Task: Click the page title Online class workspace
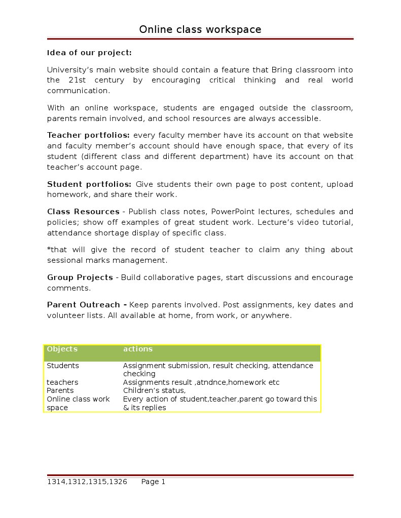pos(200,29)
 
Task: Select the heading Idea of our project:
pos(89,53)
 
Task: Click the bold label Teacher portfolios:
pos(88,135)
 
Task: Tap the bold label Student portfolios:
pos(89,184)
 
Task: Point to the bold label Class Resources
pos(83,212)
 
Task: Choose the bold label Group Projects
pos(80,277)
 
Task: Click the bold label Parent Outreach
pos(84,305)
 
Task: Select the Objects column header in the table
pos(62,349)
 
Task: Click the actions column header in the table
pos(138,349)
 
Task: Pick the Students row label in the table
pos(63,366)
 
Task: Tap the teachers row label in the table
pos(62,382)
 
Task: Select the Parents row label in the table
pos(60,390)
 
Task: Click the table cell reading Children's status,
pos(155,390)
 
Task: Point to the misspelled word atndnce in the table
pos(211,382)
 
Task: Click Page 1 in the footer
pos(153,482)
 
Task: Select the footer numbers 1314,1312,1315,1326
pos(87,482)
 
